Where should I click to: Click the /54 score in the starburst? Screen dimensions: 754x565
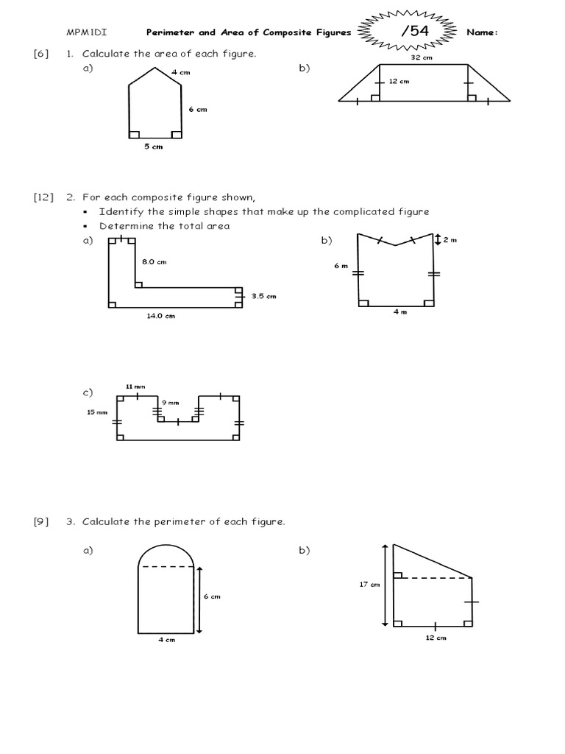point(413,32)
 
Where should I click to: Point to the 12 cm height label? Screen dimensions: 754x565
point(398,82)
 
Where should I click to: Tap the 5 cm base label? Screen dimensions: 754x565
point(153,147)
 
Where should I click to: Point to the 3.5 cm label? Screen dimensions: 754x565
point(263,296)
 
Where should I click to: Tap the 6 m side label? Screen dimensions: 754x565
point(340,266)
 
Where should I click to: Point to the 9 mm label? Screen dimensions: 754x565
point(170,402)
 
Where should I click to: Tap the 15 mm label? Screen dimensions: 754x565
point(97,412)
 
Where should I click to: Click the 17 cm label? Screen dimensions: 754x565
point(370,585)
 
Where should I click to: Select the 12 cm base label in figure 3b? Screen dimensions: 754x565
point(436,638)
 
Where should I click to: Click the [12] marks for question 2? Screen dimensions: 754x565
point(43,197)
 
